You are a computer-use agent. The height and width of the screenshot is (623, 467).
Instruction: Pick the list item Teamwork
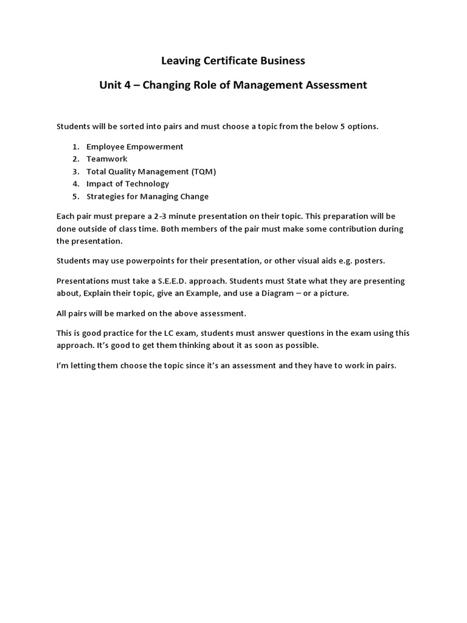[107, 159]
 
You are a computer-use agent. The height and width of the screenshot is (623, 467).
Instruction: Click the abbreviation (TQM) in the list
[204, 172]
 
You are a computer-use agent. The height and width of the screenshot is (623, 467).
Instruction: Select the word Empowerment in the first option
[154, 147]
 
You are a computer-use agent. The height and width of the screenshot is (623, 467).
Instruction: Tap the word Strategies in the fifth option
[106, 197]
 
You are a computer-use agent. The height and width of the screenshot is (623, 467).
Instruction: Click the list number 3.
[75, 172]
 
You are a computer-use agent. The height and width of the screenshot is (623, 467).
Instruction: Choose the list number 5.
[75, 197]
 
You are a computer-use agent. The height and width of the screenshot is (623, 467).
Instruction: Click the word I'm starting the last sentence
[63, 366]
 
